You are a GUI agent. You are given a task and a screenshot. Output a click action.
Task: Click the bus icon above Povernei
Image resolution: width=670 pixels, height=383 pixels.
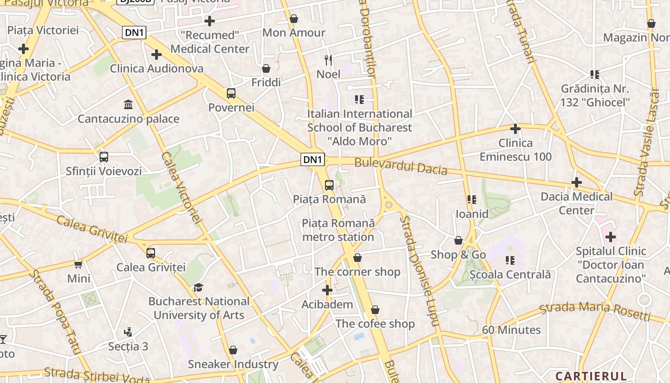tap(231, 93)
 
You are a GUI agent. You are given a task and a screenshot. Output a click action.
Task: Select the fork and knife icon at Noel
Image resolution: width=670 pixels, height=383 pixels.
tap(328, 60)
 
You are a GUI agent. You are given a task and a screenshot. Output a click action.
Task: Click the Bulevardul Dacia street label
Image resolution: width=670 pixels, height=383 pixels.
tap(401, 166)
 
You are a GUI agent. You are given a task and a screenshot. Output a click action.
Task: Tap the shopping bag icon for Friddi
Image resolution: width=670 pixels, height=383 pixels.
tap(266, 68)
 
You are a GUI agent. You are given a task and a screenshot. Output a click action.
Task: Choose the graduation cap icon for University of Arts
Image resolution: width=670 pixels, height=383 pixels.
tap(198, 287)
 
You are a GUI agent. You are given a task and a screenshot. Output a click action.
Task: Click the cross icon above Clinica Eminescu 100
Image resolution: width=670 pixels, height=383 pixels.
tap(515, 129)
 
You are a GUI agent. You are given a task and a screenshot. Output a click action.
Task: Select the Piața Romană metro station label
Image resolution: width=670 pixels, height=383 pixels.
tap(338, 230)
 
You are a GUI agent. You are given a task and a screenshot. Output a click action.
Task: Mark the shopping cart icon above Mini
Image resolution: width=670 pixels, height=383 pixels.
tap(78, 264)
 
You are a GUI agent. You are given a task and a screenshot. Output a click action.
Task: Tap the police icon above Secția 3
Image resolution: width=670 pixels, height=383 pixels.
tap(128, 332)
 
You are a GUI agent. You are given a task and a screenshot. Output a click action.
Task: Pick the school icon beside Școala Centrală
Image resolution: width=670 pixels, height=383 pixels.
tap(510, 260)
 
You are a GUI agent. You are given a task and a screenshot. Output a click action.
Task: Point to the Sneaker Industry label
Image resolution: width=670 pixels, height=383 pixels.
tap(233, 364)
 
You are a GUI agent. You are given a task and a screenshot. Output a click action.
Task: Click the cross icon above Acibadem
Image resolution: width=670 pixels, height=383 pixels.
tap(327, 290)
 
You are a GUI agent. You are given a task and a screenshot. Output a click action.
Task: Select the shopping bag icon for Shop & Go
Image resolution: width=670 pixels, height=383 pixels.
tap(458, 240)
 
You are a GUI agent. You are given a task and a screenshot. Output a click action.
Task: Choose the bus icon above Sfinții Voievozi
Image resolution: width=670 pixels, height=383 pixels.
tap(104, 157)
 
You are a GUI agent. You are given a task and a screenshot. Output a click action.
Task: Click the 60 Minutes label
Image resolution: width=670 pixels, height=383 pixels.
tap(511, 330)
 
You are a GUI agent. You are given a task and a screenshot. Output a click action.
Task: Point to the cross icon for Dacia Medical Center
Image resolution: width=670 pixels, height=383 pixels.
tap(577, 182)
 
